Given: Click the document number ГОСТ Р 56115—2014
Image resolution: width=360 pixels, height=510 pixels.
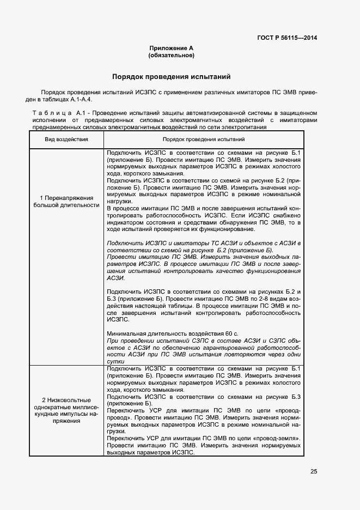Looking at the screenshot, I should pyautogui.click(x=286, y=38).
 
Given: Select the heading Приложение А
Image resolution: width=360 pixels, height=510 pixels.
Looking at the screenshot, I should pyautogui.click(x=171, y=48).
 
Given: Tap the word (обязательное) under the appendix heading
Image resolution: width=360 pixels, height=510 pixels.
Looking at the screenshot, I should pyautogui.click(x=171, y=56).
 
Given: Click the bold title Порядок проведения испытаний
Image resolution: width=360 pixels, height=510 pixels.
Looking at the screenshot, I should pyautogui.click(x=171, y=77).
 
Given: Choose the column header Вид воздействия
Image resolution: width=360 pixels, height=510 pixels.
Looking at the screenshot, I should pyautogui.click(x=66, y=140).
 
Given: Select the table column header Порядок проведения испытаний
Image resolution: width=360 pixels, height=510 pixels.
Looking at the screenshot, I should pyautogui.click(x=203, y=140).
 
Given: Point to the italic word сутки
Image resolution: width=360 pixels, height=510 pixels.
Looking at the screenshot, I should pyautogui.click(x=117, y=361).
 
